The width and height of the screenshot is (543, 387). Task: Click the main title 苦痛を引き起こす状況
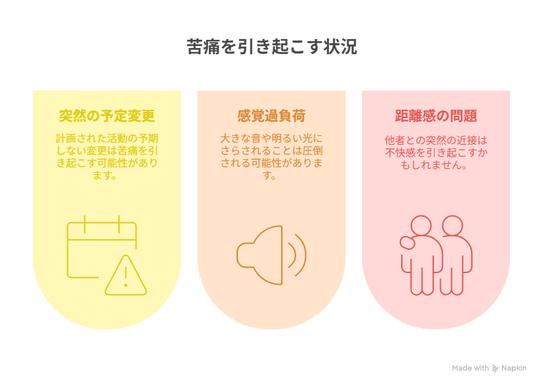click(x=272, y=47)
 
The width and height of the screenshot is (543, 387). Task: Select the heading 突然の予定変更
click(x=107, y=116)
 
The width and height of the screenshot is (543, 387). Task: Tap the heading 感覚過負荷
click(x=271, y=116)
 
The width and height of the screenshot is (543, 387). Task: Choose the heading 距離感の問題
click(x=436, y=116)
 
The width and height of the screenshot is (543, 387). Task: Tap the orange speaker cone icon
click(x=260, y=255)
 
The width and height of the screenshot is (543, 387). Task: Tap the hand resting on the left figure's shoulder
click(x=407, y=242)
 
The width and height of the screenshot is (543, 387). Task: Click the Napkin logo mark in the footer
click(x=495, y=368)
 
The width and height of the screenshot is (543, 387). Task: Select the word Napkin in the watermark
click(x=514, y=368)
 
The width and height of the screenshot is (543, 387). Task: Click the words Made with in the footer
click(x=470, y=368)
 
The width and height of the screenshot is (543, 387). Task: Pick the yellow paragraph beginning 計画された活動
click(x=107, y=156)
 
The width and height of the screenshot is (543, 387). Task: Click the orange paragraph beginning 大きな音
click(x=271, y=156)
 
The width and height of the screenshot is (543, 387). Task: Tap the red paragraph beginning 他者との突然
click(x=436, y=152)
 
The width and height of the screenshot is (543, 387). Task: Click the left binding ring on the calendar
click(x=84, y=224)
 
